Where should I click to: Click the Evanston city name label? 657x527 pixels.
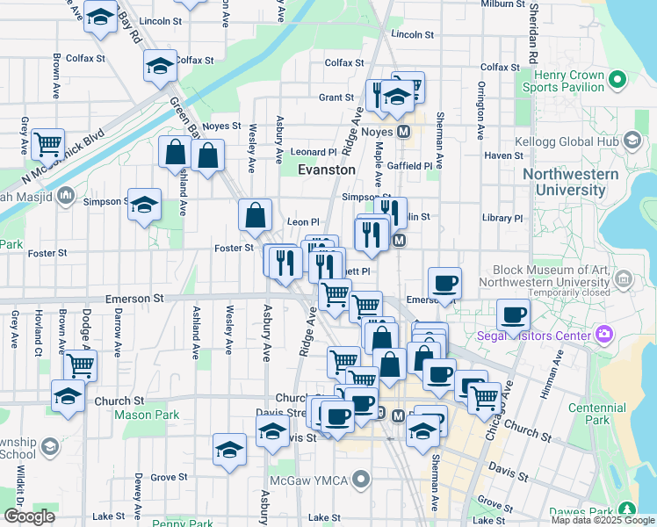[x=326, y=170]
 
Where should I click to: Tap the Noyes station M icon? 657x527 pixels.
[x=404, y=132]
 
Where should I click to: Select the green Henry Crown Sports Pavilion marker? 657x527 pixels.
[x=617, y=81]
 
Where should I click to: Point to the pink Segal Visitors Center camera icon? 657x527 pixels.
[x=603, y=334]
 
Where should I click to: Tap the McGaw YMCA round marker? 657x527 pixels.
[x=360, y=479]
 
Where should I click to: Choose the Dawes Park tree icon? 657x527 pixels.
[x=626, y=509]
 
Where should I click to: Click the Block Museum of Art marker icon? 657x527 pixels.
[x=624, y=280]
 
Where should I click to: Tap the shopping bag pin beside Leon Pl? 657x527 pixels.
[x=255, y=215]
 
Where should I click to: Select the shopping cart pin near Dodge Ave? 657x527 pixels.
[x=80, y=363]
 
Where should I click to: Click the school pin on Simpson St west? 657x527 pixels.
[x=144, y=206]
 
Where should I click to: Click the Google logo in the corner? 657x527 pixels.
[x=29, y=516]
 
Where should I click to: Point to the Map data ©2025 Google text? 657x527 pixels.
[x=603, y=520]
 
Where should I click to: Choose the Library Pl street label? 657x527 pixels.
[x=502, y=218]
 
